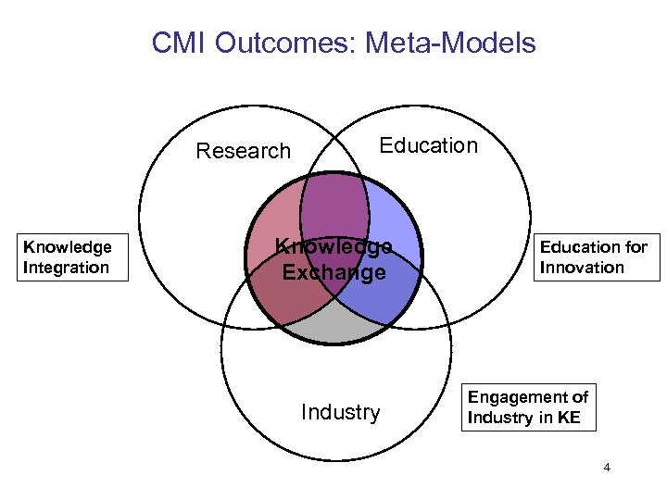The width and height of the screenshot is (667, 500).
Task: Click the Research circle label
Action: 244,151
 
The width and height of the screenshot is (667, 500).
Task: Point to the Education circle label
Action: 429,145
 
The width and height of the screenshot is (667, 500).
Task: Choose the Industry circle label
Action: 341,412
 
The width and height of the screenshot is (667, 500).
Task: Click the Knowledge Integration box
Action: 67,257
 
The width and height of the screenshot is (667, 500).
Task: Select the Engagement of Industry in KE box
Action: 527,407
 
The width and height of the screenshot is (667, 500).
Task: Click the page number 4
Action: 607,468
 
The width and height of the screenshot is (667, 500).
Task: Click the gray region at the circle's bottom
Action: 335,324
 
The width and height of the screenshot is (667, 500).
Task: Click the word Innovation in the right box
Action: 583,268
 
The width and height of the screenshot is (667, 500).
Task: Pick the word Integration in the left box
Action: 67,268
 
